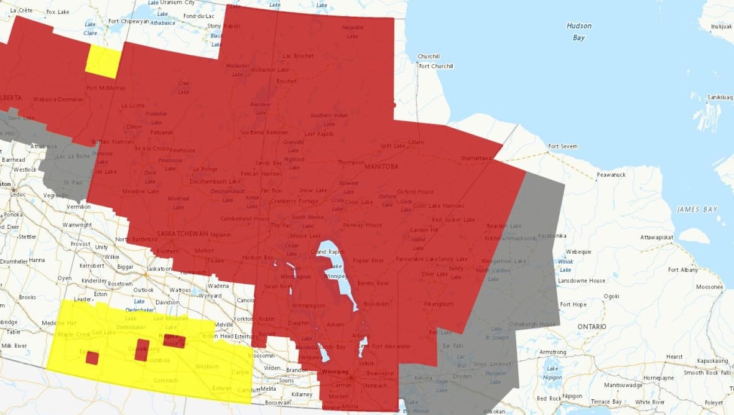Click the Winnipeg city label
tap(335, 371)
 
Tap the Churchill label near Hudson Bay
tap(429, 56)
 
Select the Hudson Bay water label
tap(578, 32)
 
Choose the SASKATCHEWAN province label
tap(183, 233)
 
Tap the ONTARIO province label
tap(591, 327)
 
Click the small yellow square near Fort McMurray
tap(103, 61)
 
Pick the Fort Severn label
tap(562, 147)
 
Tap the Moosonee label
tap(709, 287)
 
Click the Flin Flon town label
tap(271, 190)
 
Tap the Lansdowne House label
tap(582, 281)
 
